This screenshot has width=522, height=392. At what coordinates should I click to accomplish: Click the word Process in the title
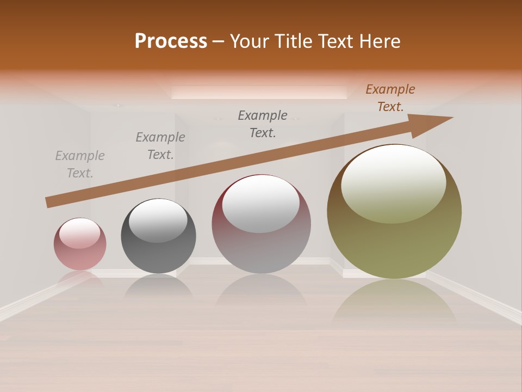pyautogui.click(x=171, y=41)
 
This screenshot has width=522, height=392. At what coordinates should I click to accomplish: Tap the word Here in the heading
pyautogui.click(x=380, y=41)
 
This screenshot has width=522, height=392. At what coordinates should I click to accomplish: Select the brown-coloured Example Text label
pyautogui.click(x=390, y=98)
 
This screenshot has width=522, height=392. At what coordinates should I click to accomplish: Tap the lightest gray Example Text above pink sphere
pyautogui.click(x=80, y=164)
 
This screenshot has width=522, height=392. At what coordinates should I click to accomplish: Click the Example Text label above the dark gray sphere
pyautogui.click(x=160, y=146)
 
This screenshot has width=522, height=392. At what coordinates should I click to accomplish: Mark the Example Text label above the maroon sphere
pyautogui.click(x=263, y=124)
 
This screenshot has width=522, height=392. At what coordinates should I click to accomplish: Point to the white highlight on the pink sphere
pyautogui.click(x=79, y=233)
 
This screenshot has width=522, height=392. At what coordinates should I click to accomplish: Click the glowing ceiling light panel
pyautogui.click(x=259, y=93)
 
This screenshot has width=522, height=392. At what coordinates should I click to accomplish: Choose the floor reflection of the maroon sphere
pyautogui.click(x=261, y=294)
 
